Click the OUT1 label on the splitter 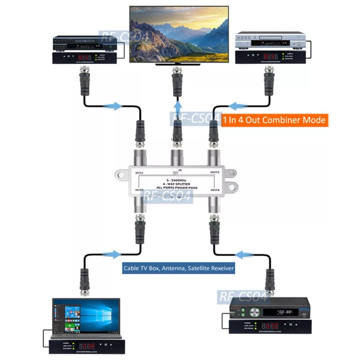click(x=139, y=173)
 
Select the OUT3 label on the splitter click(x=139, y=190)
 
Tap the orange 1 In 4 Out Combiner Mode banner click(x=274, y=120)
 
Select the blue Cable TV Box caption click(x=179, y=268)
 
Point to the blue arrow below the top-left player click(x=112, y=106)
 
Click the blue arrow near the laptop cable click(x=112, y=254)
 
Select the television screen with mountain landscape click(x=179, y=34)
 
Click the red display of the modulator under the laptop click(x=86, y=346)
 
